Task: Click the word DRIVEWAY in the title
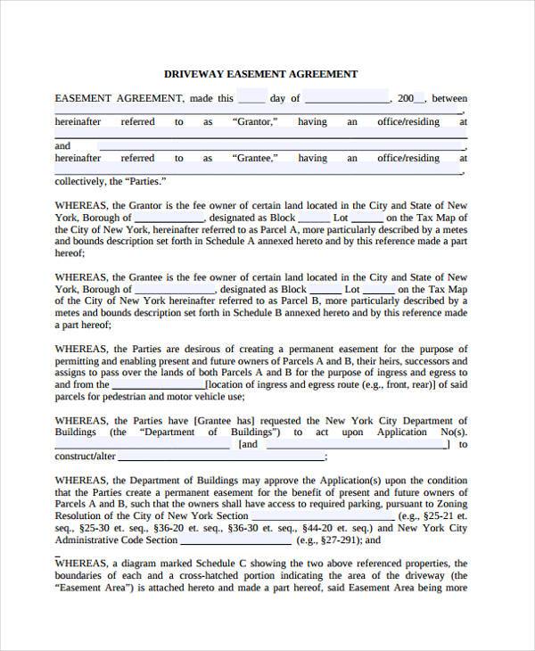pyautogui.click(x=193, y=74)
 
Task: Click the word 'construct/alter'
pyautogui.click(x=86, y=456)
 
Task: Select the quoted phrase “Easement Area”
pyautogui.click(x=92, y=589)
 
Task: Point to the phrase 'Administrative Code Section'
pyautogui.click(x=117, y=540)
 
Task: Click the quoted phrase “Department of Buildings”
pyautogui.click(x=190, y=433)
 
